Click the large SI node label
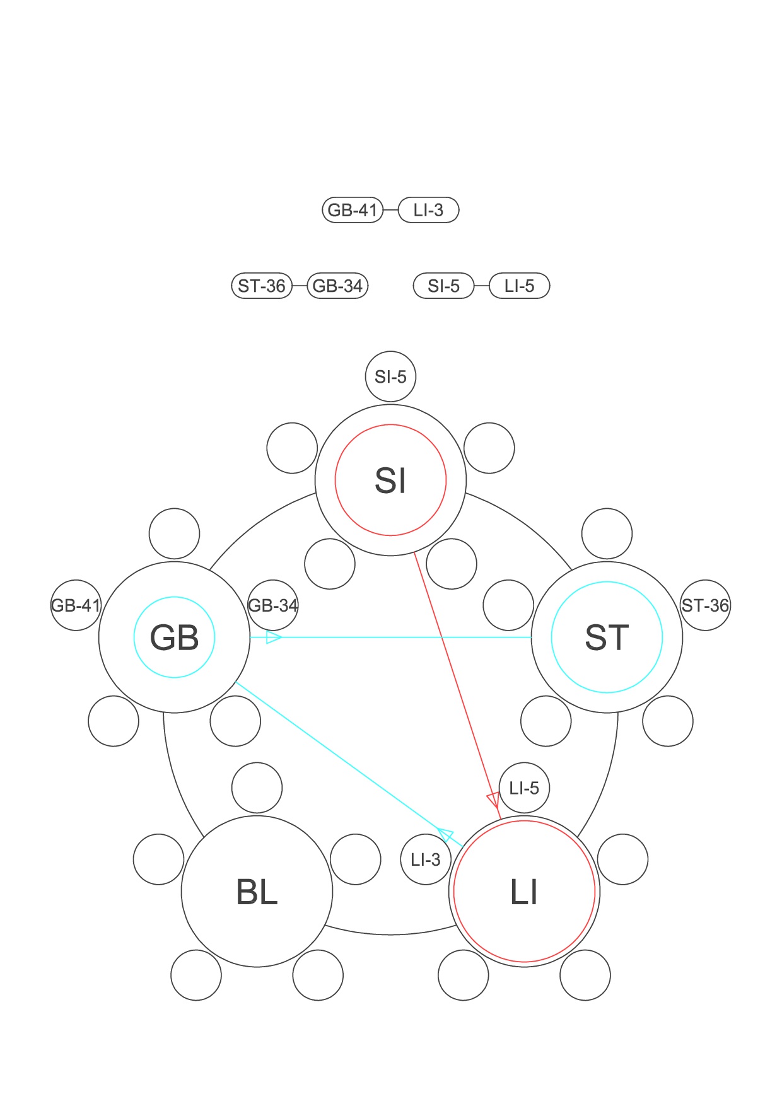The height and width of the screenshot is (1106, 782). (390, 480)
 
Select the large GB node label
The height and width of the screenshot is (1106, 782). (174, 637)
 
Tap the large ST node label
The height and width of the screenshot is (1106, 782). (607, 637)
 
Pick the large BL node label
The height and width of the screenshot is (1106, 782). (257, 892)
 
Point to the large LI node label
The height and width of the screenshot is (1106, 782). (524, 892)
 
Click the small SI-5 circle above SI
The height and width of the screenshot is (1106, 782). (390, 376)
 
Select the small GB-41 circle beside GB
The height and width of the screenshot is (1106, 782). (76, 605)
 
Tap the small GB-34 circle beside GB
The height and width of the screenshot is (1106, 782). (273, 605)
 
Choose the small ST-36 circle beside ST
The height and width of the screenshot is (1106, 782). (705, 605)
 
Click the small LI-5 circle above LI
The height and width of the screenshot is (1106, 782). (524, 788)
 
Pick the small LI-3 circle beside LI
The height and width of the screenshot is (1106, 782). (426, 859)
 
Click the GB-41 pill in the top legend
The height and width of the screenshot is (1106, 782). (353, 210)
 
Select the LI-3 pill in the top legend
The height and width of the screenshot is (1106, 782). (429, 210)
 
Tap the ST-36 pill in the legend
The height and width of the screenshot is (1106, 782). (262, 286)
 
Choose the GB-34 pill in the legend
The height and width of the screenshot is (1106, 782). (337, 286)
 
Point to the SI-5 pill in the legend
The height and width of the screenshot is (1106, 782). (443, 286)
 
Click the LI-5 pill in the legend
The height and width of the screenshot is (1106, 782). (520, 286)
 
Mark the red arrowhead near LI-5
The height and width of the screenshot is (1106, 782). (494, 800)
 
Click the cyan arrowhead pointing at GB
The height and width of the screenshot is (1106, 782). (273, 637)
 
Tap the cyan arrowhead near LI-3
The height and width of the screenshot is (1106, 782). (446, 835)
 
